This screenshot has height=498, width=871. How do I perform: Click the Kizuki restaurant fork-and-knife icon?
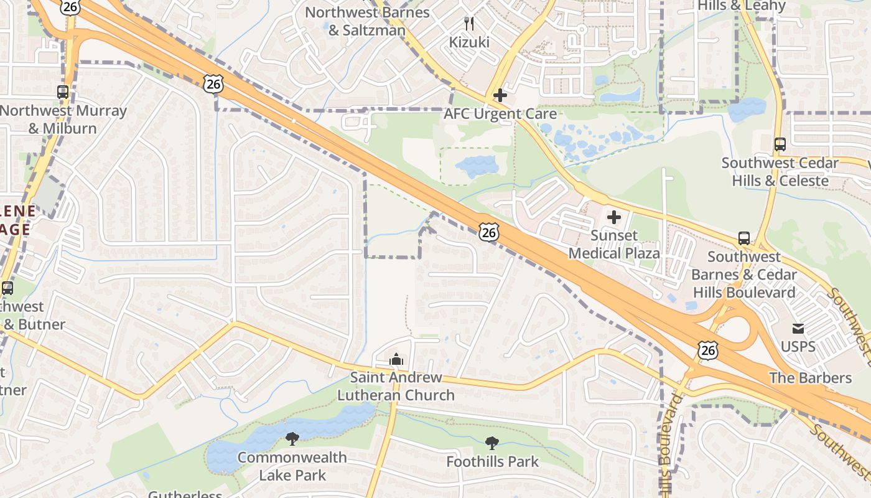[469, 24]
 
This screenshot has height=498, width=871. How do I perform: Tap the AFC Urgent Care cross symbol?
[500, 95]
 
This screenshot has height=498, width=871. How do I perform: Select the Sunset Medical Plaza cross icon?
[614, 217]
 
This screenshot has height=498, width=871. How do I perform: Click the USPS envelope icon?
[798, 329]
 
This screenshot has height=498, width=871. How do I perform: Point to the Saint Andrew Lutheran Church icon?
[396, 359]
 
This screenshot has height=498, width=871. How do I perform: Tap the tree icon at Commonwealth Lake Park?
[292, 439]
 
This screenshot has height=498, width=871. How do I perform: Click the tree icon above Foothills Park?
[492, 443]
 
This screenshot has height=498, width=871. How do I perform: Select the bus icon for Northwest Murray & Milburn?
[63, 92]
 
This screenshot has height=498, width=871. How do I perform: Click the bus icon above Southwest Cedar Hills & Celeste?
[780, 144]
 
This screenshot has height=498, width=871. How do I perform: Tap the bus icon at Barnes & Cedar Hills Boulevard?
[744, 238]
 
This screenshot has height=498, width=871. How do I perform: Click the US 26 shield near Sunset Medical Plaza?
[489, 232]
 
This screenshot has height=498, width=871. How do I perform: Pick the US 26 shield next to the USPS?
[708, 350]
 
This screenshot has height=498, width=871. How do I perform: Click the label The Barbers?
[810, 378]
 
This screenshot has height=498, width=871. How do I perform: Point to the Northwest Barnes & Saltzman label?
[367, 21]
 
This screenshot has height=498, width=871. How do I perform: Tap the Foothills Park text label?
[492, 462]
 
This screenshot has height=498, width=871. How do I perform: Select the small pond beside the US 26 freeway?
[477, 166]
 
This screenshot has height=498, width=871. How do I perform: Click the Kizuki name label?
[469, 42]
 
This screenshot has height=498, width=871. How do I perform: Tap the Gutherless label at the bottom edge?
[185, 494]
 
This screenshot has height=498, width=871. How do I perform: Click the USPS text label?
[798, 346]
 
